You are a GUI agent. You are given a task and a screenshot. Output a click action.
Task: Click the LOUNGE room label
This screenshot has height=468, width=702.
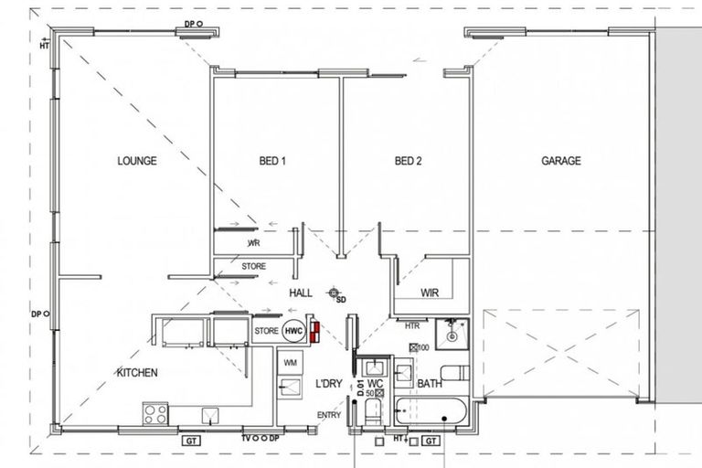point(137,161)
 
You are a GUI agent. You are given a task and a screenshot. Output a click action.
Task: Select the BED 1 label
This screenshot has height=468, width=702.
point(273,161)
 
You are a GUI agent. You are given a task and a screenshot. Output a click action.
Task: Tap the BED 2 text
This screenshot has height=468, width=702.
point(408,161)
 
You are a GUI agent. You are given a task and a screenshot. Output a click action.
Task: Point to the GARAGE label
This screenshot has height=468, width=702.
point(561,161)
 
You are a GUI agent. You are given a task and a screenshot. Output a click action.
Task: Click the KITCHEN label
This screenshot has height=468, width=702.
point(137,373)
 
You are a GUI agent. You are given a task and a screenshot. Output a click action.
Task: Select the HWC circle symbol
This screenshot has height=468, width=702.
point(292,331)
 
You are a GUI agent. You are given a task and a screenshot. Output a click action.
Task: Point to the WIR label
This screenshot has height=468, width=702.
point(431,294)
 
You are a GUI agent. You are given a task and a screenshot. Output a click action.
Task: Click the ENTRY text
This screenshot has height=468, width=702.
point(328,415)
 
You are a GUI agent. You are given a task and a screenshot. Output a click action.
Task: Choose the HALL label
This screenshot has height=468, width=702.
point(300,293)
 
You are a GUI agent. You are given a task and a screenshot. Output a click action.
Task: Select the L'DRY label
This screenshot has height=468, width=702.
point(328,384)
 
